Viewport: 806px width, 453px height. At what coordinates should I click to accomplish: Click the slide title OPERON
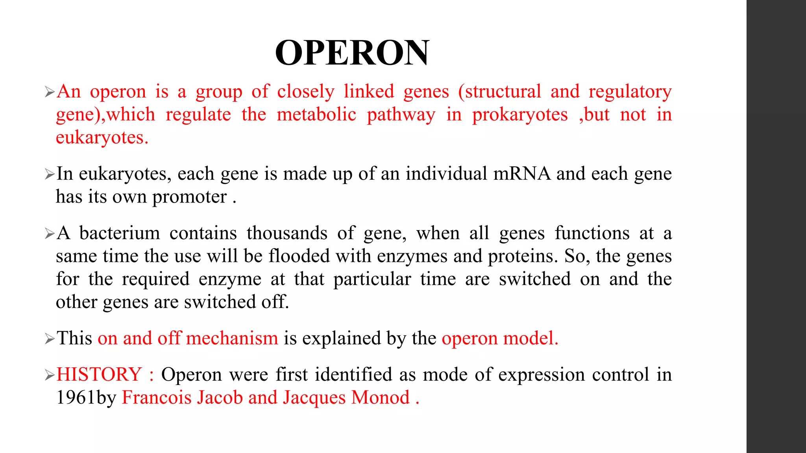(352, 53)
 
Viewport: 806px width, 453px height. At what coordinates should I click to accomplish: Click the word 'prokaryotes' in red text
(520, 115)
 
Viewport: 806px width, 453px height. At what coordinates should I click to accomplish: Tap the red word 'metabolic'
(316, 115)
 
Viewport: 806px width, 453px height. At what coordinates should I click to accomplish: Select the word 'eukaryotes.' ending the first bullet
(102, 138)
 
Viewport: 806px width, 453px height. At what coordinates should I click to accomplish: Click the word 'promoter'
(190, 197)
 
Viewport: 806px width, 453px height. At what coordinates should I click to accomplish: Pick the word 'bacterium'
(120, 233)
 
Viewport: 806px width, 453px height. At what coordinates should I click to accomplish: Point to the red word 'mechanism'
(232, 339)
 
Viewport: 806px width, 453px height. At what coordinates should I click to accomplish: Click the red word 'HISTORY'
(99, 374)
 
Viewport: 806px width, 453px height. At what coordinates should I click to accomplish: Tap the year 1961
(76, 398)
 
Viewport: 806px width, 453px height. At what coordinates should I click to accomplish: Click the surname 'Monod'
(381, 398)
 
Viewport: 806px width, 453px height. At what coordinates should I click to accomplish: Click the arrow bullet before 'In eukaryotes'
(50, 174)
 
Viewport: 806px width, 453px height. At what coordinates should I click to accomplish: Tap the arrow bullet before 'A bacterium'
(50, 234)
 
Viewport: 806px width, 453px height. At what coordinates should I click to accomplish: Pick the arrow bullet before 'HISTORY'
(50, 375)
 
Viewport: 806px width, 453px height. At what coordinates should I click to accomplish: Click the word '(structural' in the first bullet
(499, 92)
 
